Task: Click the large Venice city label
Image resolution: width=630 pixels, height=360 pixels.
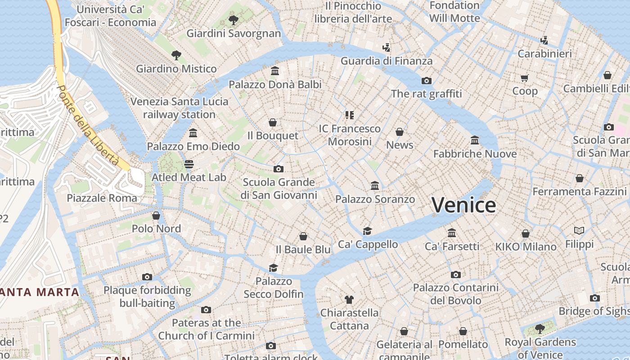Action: pyautogui.click(x=463, y=205)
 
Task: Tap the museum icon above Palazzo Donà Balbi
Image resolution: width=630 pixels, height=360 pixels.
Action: pyautogui.click(x=275, y=71)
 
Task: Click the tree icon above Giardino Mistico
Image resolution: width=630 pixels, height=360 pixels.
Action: pyautogui.click(x=176, y=55)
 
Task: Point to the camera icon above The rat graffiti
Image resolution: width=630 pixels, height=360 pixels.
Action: pyautogui.click(x=426, y=81)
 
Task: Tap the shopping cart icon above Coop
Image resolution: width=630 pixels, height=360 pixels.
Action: pyautogui.click(x=525, y=78)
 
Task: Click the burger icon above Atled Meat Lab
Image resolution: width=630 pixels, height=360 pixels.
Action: pyautogui.click(x=189, y=164)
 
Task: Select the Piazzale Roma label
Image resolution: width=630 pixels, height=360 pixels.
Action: pyautogui.click(x=102, y=198)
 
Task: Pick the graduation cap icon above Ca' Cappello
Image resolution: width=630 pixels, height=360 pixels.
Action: pyautogui.click(x=368, y=231)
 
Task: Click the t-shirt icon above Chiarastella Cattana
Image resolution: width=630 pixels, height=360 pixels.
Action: pyautogui.click(x=349, y=299)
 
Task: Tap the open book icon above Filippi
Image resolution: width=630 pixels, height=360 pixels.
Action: pyautogui.click(x=579, y=231)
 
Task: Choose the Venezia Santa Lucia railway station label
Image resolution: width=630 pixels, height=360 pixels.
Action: pyautogui.click(x=179, y=108)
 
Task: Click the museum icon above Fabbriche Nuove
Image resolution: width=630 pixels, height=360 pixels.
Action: pyautogui.click(x=475, y=140)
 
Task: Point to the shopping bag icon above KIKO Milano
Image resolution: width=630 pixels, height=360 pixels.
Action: pyautogui.click(x=526, y=234)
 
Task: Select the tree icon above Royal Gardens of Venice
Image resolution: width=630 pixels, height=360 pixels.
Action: pyautogui.click(x=540, y=329)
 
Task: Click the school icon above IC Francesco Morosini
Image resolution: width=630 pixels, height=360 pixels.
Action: pyautogui.click(x=350, y=115)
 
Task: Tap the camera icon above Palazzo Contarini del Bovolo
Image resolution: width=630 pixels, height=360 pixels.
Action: pyautogui.click(x=456, y=274)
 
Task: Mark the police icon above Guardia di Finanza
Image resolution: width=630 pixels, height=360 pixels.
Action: pyautogui.click(x=386, y=47)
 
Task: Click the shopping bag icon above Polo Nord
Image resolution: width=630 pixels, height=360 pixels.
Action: pyautogui.click(x=156, y=216)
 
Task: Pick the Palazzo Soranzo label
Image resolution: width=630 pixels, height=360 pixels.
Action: pyautogui.click(x=375, y=199)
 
